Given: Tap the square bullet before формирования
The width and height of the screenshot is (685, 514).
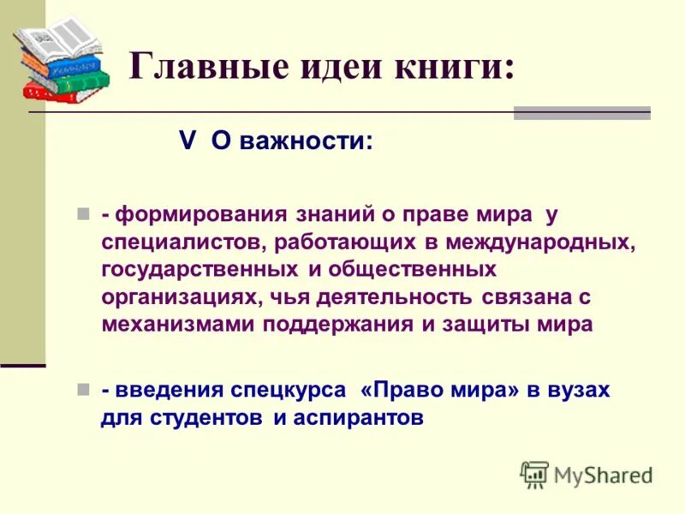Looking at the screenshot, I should (83, 213).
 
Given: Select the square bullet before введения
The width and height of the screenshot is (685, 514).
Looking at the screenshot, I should (83, 389).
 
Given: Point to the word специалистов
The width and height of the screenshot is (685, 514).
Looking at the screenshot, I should (183, 242).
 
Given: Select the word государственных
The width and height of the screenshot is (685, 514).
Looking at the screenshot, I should (197, 270).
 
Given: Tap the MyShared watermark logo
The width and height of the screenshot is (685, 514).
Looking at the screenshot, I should (587, 475).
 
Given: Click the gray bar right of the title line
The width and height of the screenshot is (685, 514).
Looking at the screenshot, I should (581, 113).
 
